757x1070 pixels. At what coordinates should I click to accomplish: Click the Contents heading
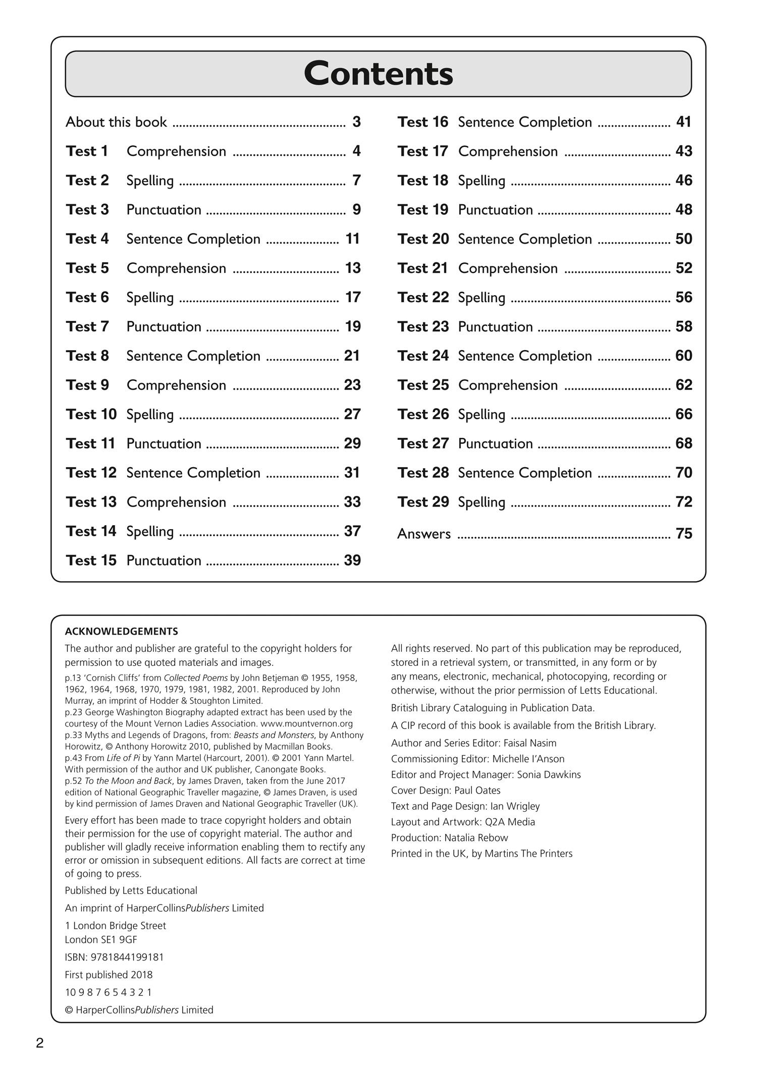click(378, 74)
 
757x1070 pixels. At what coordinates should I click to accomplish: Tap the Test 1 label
click(87, 151)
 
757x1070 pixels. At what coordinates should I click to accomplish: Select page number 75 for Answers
click(683, 534)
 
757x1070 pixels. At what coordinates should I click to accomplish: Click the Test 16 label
click(422, 122)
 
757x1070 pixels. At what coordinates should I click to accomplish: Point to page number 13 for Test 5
click(353, 268)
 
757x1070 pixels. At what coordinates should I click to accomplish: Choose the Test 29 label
click(422, 502)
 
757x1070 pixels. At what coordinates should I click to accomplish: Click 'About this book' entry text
click(116, 122)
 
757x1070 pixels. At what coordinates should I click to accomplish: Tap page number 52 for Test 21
click(683, 268)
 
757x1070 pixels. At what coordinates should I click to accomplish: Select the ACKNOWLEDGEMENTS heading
click(121, 631)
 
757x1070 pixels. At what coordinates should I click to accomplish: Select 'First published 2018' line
click(109, 975)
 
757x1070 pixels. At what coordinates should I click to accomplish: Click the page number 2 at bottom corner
click(40, 1043)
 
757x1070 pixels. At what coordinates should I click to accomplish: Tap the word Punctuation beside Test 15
click(164, 560)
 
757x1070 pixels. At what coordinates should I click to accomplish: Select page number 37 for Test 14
click(352, 531)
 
